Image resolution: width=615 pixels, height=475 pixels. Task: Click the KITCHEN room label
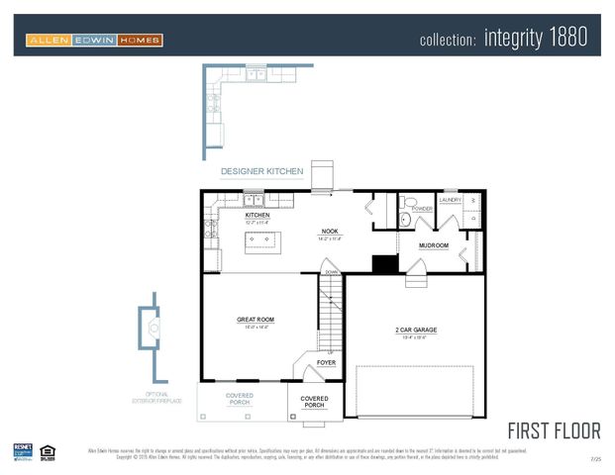257,215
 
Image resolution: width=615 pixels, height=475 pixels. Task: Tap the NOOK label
330,232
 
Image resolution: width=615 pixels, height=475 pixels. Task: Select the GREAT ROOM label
256,320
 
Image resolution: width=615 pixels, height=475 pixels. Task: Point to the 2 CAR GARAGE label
416,330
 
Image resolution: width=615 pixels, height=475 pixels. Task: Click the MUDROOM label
434,245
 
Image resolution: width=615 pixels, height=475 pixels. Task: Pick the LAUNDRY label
451,200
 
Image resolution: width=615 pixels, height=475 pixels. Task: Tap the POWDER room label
423,209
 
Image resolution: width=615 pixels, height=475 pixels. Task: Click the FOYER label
326,363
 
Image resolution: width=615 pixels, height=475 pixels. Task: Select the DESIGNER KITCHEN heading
261,171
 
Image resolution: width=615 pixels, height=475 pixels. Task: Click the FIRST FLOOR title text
554,430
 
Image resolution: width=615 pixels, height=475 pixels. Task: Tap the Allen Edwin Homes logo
94,40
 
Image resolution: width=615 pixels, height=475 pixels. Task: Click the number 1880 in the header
566,38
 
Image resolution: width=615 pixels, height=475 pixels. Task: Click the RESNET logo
23,451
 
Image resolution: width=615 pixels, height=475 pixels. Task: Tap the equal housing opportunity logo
48,452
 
